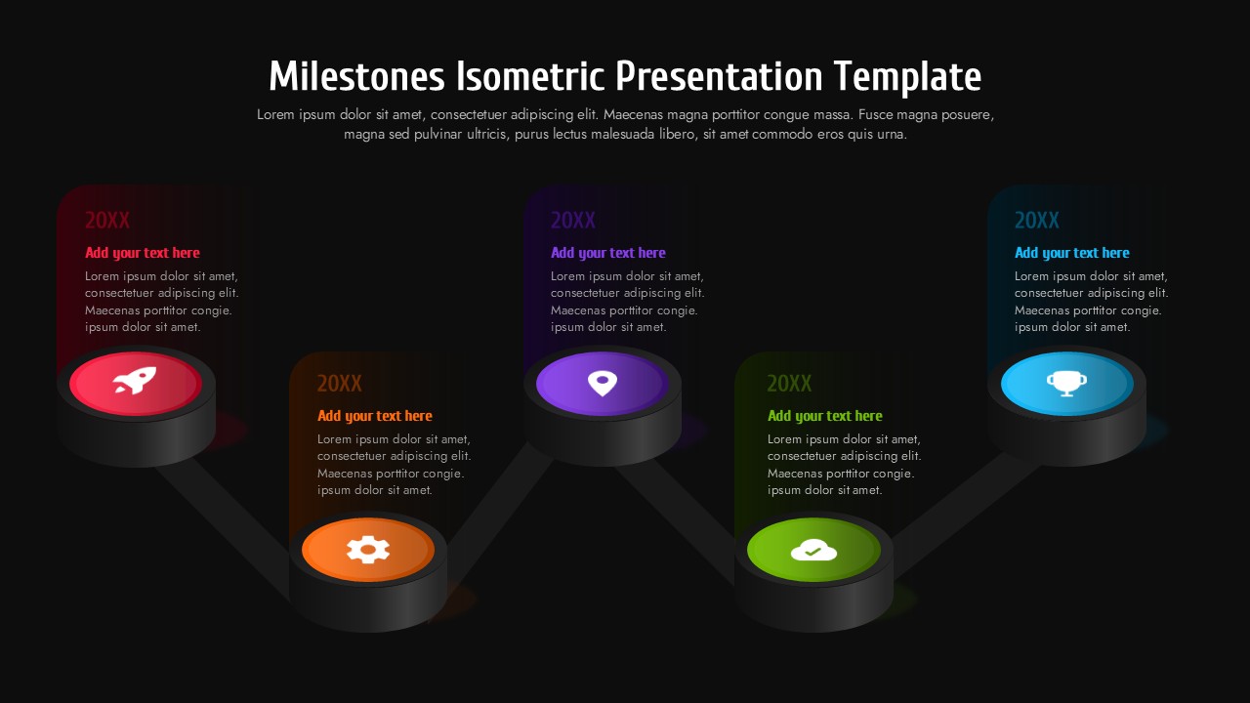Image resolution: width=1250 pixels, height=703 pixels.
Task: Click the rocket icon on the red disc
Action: point(135,382)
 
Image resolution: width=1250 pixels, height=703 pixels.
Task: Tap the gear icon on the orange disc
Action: point(368,550)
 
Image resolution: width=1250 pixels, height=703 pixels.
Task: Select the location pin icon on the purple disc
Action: point(603,382)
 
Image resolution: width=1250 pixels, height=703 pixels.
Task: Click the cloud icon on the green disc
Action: point(813,551)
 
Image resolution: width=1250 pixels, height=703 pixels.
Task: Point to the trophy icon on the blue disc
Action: point(1066,382)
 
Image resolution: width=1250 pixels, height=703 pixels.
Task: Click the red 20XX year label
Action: point(107,221)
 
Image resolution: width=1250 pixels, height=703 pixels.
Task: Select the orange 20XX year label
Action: point(340,384)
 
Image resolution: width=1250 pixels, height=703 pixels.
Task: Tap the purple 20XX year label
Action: point(573,221)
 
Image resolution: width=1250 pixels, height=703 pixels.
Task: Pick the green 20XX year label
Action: point(789,384)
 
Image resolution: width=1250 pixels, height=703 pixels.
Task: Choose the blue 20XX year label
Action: point(1037,221)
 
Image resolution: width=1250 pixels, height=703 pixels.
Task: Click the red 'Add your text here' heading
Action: point(143,253)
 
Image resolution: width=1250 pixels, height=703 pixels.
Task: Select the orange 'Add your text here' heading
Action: point(375,416)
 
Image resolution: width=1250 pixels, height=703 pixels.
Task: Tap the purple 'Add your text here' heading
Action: point(608,253)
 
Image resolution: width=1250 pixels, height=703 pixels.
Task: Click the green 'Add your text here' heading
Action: point(825,416)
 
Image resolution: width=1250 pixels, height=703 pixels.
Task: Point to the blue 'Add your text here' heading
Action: point(1072,253)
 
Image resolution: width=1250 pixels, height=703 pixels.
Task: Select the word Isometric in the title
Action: point(527,76)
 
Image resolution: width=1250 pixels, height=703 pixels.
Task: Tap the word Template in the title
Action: point(907,76)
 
